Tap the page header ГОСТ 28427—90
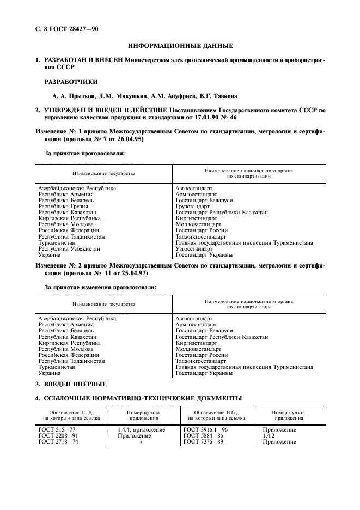71,28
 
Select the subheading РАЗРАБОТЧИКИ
71,81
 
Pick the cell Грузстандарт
192,207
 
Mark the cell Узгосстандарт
194,248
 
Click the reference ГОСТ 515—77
56,430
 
